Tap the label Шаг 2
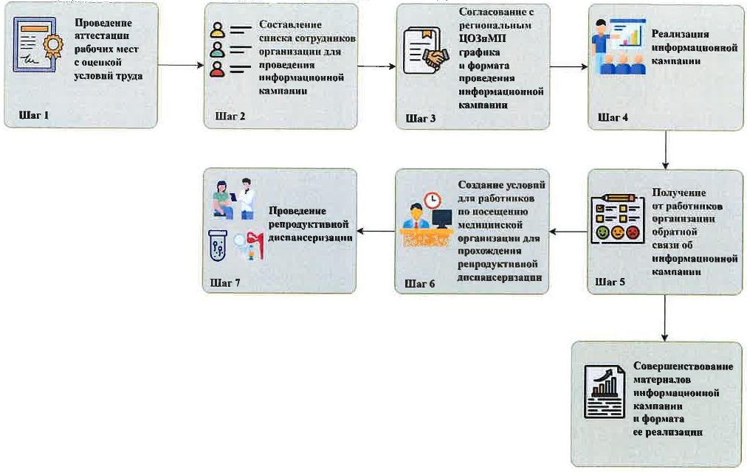230,117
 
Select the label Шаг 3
421,118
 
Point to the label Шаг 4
613,117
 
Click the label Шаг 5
610,282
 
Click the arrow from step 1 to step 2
180,66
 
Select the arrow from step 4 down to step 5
666,150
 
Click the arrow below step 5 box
666,318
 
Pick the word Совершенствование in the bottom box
684,367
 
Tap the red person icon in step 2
217,70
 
